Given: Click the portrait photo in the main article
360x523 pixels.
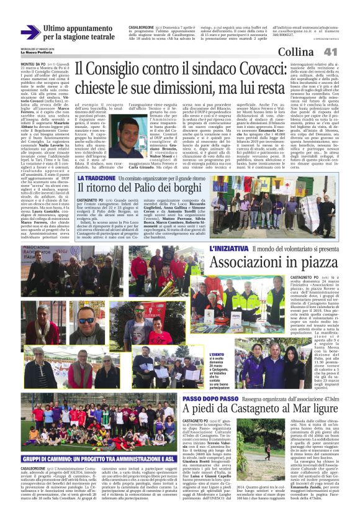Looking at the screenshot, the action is pos(129,134).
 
